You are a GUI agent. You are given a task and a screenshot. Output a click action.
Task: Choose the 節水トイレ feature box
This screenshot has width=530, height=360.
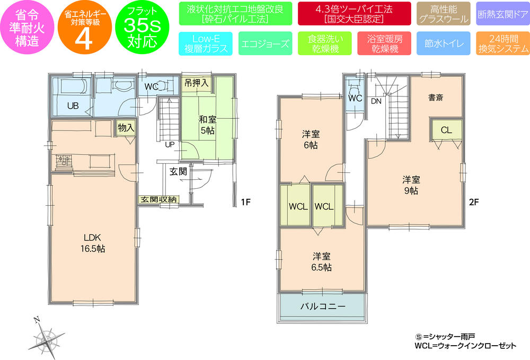[x=440, y=44]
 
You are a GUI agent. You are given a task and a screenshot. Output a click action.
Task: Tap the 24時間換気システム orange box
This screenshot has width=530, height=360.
[x=502, y=44]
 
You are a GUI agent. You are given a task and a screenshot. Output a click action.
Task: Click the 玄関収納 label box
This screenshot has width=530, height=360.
[x=158, y=199]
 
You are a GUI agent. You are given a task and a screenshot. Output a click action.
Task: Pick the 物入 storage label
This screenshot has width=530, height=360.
[x=126, y=128]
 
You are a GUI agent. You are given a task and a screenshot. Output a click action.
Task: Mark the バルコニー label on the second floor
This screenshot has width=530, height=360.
[x=322, y=307]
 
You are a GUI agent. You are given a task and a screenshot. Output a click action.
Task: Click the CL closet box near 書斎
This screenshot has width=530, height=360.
[x=445, y=130]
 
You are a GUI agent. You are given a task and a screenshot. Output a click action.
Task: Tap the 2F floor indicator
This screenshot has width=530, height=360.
[x=473, y=201]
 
